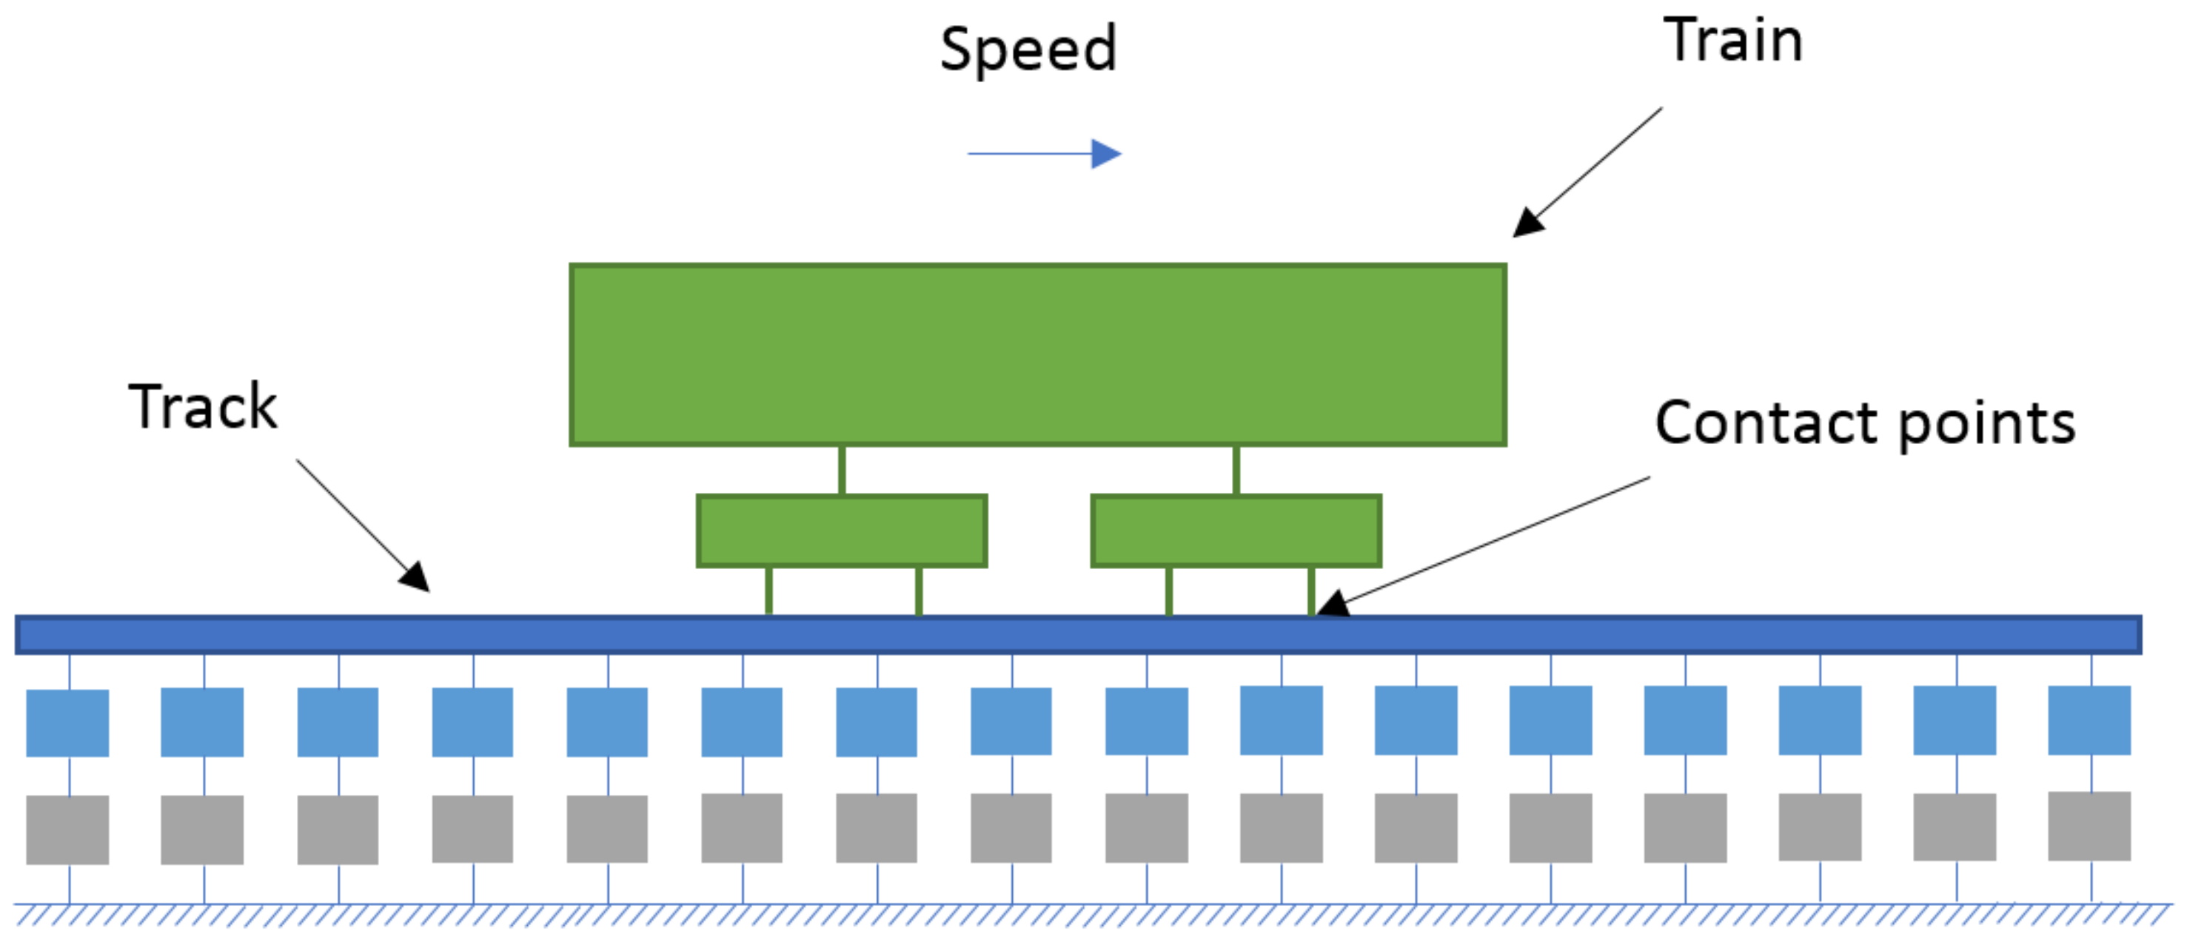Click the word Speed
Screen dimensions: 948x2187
tap(1028, 50)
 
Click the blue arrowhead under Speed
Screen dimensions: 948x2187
tap(1105, 154)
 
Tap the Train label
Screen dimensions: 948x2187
tap(1732, 41)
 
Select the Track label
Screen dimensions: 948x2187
tap(203, 407)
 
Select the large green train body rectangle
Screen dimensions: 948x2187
tap(1037, 354)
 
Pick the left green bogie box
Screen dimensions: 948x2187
tap(841, 531)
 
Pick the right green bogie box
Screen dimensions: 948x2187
tap(1236, 531)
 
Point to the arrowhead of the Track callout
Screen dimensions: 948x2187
tap(416, 577)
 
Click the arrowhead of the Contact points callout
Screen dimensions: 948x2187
tap(1331, 605)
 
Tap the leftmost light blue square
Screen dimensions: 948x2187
tap(67, 722)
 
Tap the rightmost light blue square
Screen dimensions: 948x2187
tap(2089, 720)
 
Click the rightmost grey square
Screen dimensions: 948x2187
tap(2089, 826)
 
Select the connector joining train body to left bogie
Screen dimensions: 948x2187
tap(841, 470)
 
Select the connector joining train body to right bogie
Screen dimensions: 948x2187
tap(1236, 470)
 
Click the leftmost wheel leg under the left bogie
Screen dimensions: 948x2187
tap(768, 591)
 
